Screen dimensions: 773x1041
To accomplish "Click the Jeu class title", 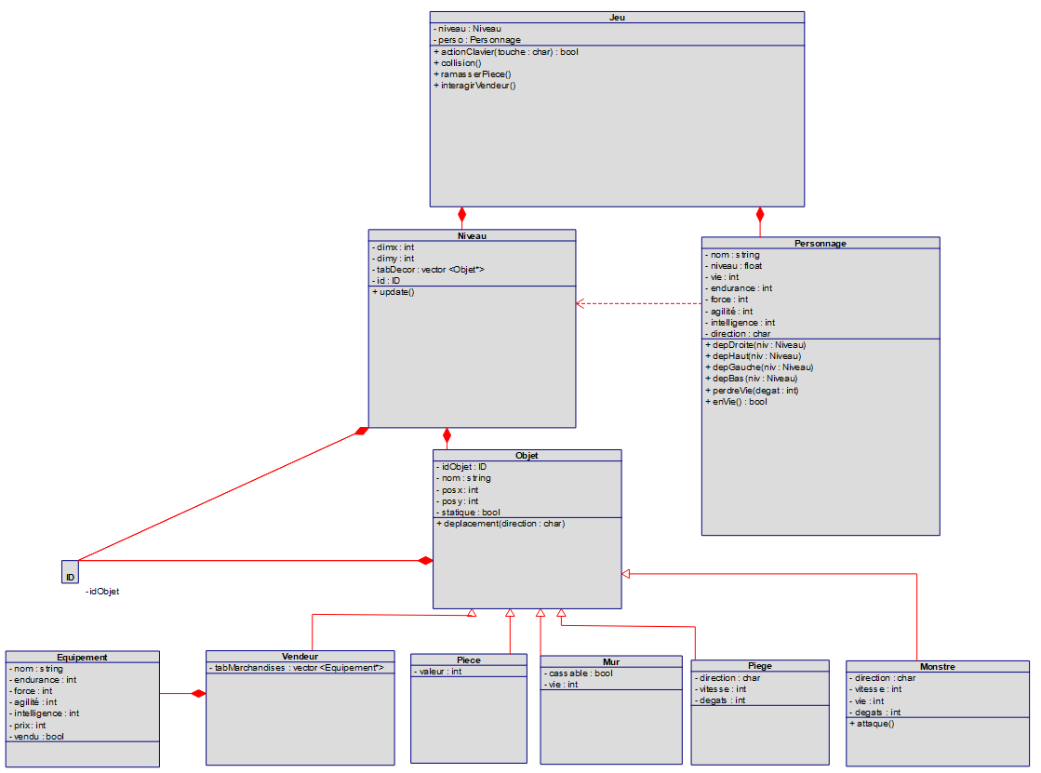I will click(617, 17).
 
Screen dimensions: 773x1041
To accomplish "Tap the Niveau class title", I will click(472, 235).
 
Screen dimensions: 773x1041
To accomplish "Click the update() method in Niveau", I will click(394, 292).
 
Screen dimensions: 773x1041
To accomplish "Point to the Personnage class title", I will click(820, 243).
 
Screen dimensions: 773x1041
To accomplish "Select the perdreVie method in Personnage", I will click(753, 391).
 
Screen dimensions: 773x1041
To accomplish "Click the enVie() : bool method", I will click(738, 402).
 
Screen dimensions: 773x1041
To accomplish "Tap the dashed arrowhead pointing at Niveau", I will click(581, 303).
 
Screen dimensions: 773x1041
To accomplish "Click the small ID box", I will click(70, 572).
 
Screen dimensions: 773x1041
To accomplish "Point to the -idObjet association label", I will click(102, 592).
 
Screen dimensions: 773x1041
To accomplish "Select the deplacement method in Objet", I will click(501, 524).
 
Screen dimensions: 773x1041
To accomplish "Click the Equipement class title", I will click(82, 657).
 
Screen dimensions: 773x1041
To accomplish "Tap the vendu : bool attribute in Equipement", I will click(37, 736).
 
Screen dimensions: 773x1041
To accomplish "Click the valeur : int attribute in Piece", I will click(438, 672).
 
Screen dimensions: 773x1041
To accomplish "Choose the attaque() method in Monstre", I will click(873, 723).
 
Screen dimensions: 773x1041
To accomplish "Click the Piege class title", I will click(759, 666).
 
